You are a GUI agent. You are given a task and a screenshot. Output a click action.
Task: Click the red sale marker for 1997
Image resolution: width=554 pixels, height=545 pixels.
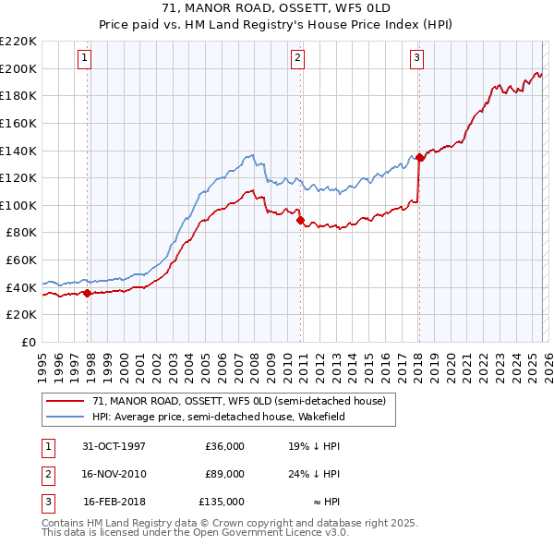88,293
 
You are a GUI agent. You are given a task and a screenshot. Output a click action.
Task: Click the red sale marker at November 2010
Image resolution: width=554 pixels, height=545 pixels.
300,220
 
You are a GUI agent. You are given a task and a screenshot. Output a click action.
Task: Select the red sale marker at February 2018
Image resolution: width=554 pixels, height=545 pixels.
419,157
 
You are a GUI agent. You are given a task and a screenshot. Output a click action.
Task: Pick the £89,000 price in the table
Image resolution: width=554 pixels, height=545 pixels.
224,474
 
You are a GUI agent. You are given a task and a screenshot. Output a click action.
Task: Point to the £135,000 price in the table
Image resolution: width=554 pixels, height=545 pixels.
222,502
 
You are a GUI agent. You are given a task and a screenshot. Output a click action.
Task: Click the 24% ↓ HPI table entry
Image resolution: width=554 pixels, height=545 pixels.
314,474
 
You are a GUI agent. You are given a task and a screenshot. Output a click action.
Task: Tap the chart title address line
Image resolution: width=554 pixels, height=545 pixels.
276,8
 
